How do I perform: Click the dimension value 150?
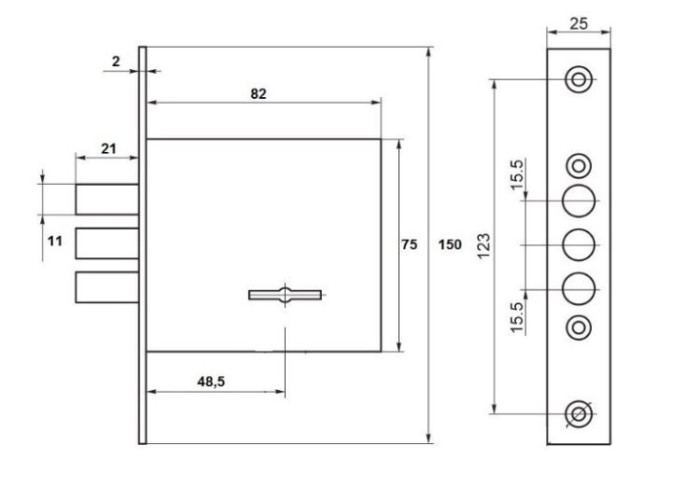tap(450, 245)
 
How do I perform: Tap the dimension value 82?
tap(258, 94)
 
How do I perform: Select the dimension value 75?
tap(409, 245)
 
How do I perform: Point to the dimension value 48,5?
tap(211, 381)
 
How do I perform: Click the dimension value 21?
tap(109, 149)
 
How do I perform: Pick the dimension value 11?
tap(55, 242)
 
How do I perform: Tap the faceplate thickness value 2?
tap(116, 61)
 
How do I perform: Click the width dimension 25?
tap(579, 24)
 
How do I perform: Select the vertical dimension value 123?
tap(484, 246)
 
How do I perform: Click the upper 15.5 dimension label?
tap(516, 175)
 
